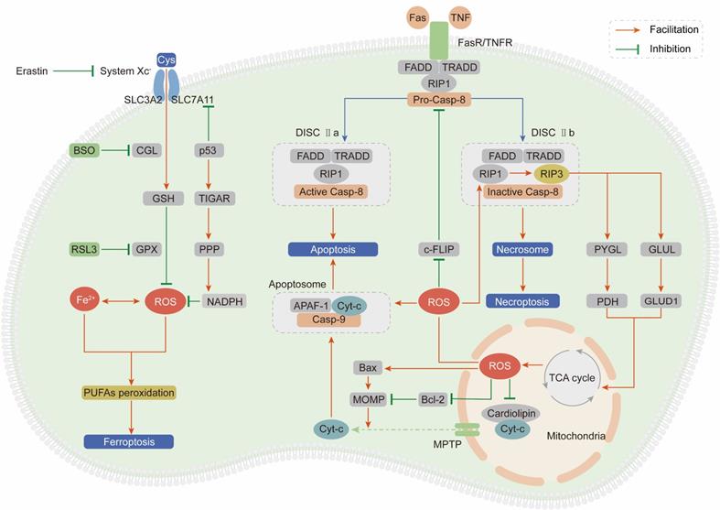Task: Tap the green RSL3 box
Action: [x=85, y=249]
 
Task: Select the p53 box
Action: [x=211, y=150]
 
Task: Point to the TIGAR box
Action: [x=211, y=197]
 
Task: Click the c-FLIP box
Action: [x=437, y=249]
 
